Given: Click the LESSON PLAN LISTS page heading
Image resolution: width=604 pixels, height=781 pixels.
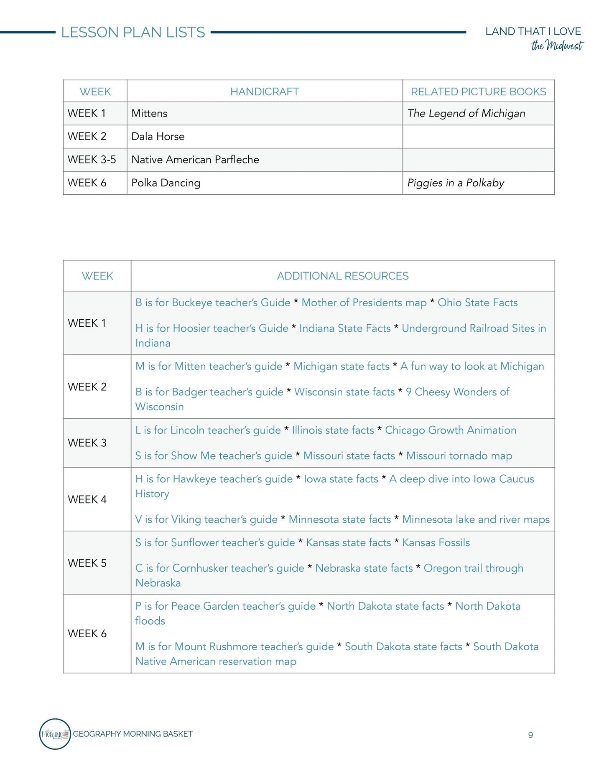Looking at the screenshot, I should pyautogui.click(x=133, y=32).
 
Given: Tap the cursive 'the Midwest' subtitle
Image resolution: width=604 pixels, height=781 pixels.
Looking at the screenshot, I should pyautogui.click(x=557, y=46).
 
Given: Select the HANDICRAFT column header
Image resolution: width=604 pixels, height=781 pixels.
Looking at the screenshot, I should pyautogui.click(x=265, y=92).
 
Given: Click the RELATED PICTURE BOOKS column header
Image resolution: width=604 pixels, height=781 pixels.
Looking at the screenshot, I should pyautogui.click(x=478, y=92).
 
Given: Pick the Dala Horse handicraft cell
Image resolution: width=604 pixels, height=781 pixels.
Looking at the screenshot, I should pyautogui.click(x=158, y=137).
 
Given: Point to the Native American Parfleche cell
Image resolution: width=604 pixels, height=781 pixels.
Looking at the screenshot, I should pyautogui.click(x=195, y=160).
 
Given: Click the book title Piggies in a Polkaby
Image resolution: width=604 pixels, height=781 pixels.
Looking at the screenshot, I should pyautogui.click(x=456, y=183).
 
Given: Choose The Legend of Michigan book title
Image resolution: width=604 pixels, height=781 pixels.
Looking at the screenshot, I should pyautogui.click(x=466, y=114).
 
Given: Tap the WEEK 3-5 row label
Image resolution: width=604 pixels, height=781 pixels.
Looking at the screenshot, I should pyautogui.click(x=92, y=160).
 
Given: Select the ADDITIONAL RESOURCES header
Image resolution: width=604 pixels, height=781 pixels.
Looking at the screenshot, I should pyautogui.click(x=343, y=276).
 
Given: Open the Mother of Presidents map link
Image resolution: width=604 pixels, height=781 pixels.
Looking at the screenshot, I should pyautogui.click(x=364, y=303).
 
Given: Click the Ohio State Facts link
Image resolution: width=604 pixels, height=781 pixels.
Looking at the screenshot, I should pyautogui.click(x=477, y=303).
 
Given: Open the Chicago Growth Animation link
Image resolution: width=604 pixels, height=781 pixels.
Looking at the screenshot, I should pyautogui.click(x=451, y=430).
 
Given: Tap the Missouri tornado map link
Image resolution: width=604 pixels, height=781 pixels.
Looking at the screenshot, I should pyautogui.click(x=459, y=455).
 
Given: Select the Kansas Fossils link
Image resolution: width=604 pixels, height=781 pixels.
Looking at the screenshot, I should pyautogui.click(x=436, y=542).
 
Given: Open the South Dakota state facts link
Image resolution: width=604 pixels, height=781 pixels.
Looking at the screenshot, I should pyautogui.click(x=403, y=646).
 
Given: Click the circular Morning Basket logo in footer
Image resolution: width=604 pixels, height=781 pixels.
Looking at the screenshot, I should pyautogui.click(x=55, y=734).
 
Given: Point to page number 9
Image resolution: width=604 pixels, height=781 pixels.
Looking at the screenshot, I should pyautogui.click(x=530, y=735).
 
